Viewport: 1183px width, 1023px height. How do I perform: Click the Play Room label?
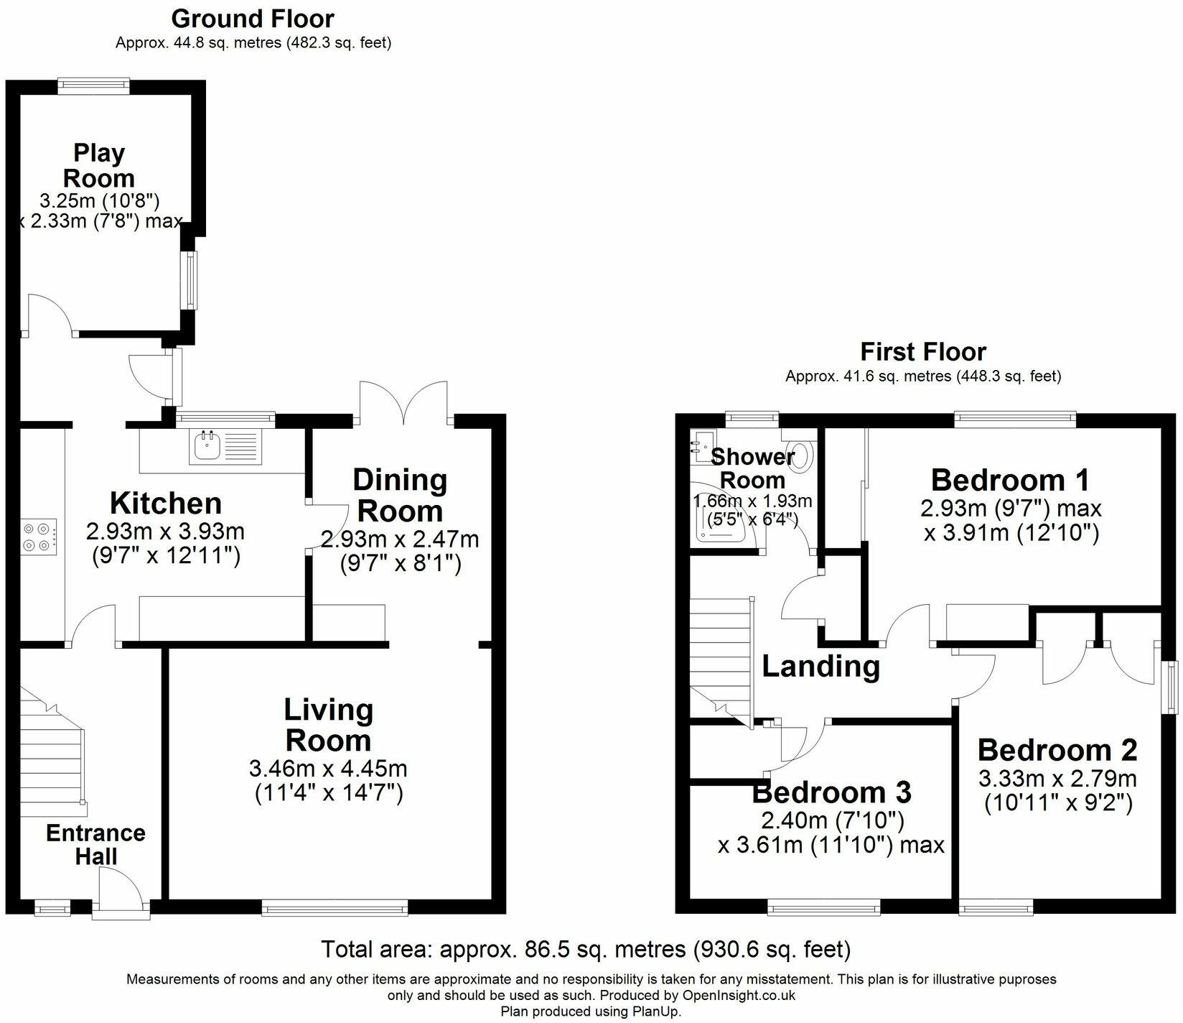(x=99, y=165)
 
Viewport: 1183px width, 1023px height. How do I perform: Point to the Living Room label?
(x=328, y=724)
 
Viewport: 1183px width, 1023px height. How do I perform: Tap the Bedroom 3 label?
(x=831, y=792)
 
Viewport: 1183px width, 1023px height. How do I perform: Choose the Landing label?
(x=820, y=666)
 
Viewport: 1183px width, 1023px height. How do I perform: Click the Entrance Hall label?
(x=95, y=844)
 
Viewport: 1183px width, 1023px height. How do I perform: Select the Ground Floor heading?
(x=253, y=18)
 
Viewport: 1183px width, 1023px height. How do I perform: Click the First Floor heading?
(x=923, y=351)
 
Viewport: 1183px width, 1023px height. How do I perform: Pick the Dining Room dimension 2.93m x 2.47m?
(x=400, y=539)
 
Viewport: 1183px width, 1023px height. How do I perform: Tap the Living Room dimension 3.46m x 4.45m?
(x=328, y=769)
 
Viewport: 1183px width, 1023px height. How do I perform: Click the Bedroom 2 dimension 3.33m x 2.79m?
(x=1058, y=778)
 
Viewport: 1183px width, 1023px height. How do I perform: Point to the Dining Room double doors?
(x=406, y=402)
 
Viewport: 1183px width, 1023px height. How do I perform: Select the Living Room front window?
(x=335, y=909)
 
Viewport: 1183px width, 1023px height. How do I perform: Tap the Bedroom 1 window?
(x=1015, y=417)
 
